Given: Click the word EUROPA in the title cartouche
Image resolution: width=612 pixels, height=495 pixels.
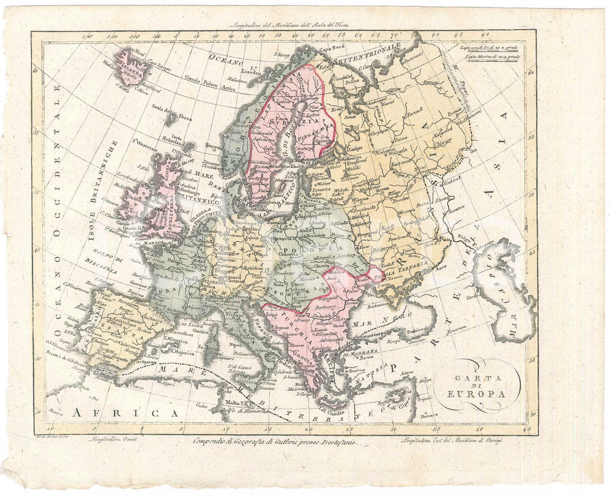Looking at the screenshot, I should point(480,393).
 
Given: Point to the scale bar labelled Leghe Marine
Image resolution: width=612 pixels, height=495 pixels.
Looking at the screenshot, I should point(491,57).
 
